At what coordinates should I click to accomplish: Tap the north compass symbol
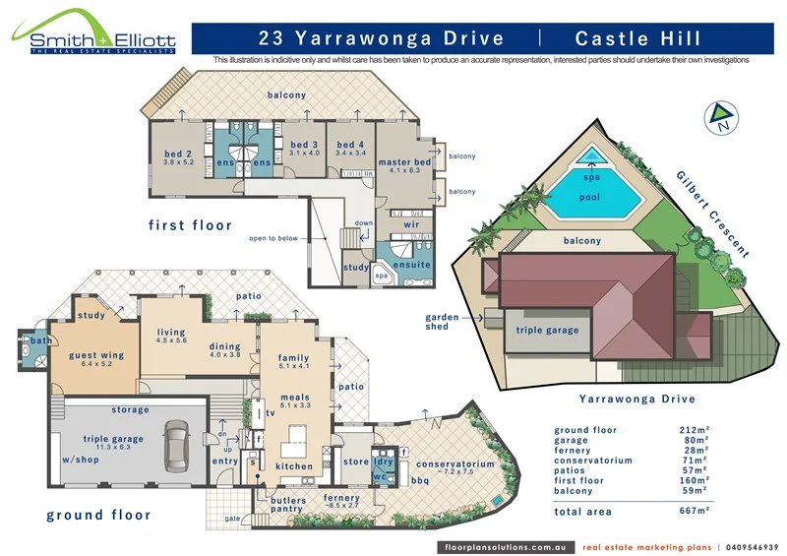point(721,117)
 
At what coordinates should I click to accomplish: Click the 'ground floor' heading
point(98,515)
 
